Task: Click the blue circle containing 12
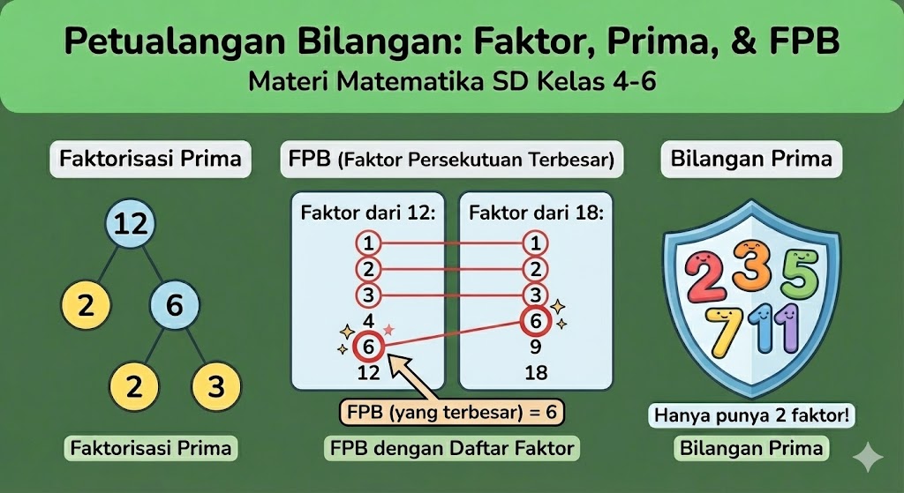point(131,223)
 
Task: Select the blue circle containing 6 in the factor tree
point(175,304)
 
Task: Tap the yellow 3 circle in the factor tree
point(216,386)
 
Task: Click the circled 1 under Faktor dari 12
point(368,243)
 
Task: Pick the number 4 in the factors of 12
point(368,321)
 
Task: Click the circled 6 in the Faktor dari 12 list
point(368,347)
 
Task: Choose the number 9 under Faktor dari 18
point(536,347)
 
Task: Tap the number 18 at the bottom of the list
point(536,373)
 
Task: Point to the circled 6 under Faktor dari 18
point(536,321)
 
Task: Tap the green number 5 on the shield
point(800,274)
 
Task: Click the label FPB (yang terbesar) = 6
point(452,413)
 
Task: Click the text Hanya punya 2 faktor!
point(751,415)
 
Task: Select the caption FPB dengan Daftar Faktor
point(452,448)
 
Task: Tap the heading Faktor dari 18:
point(536,213)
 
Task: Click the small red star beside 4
point(389,330)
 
